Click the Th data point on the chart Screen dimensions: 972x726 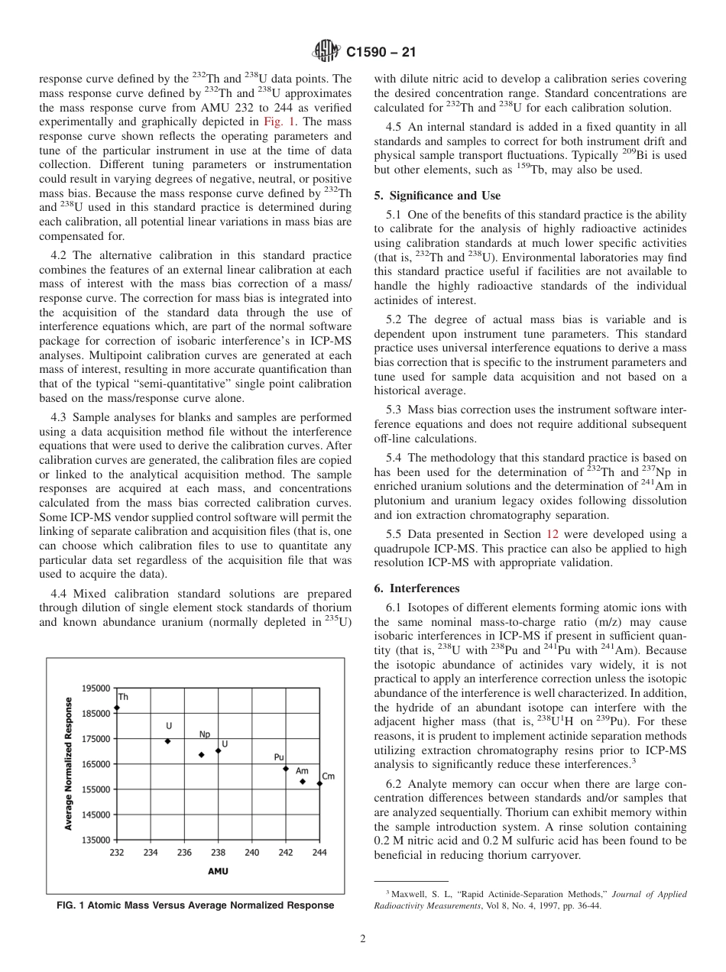click(117, 708)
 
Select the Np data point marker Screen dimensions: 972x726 click(202, 755)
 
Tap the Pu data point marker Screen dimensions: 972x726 click(286, 769)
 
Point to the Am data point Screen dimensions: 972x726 click(303, 782)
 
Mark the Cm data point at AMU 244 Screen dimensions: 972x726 click(319, 784)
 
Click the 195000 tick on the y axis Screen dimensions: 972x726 click(96, 688)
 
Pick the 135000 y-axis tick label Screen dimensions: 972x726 click(96, 840)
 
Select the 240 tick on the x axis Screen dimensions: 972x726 click(252, 853)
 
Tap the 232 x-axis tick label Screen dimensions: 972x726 click(117, 853)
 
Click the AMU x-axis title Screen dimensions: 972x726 click(218, 871)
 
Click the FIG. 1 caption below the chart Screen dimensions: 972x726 click(196, 906)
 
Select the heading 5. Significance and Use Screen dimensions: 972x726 click(437, 196)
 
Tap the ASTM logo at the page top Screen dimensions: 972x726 click(326, 53)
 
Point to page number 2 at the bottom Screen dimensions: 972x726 click(363, 939)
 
